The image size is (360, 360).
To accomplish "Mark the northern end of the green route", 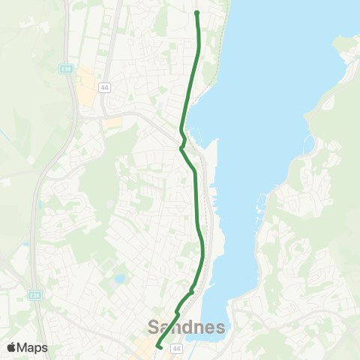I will [x=196, y=13].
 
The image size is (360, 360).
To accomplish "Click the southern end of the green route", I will [x=158, y=346].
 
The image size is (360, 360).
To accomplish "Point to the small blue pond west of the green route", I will [x=119, y=279].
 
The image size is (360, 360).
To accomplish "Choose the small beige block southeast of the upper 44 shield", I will [x=114, y=121].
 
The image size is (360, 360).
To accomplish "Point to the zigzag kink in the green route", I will [x=182, y=142].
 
